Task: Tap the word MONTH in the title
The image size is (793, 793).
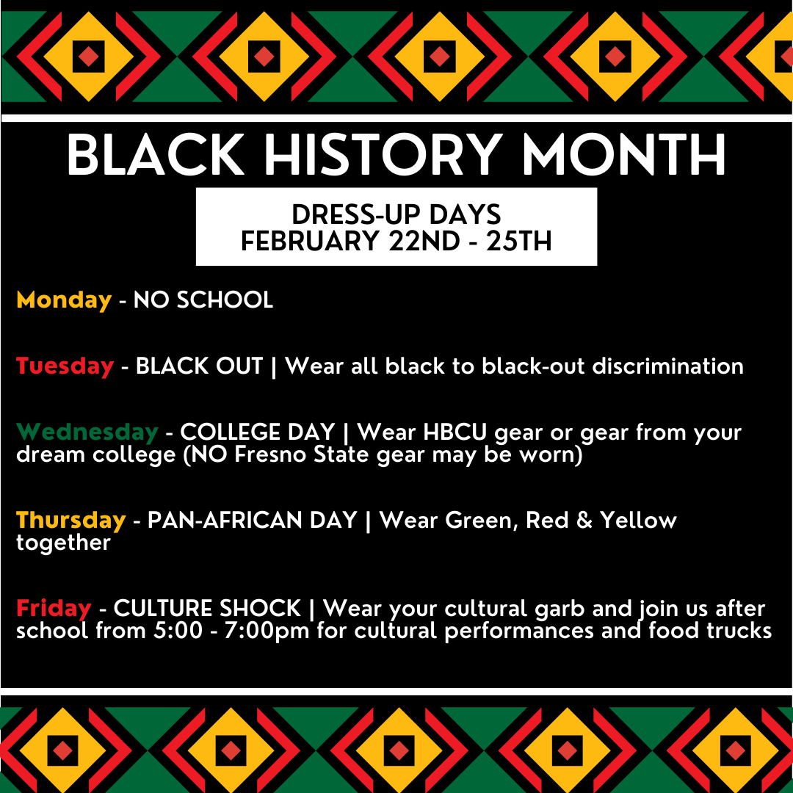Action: pyautogui.click(x=624, y=155)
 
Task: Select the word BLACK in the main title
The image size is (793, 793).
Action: pyautogui.click(x=155, y=155)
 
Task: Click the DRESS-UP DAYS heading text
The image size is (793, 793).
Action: pyautogui.click(x=396, y=214)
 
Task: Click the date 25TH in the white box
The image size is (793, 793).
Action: pyautogui.click(x=518, y=240)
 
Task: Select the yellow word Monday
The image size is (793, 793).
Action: pyautogui.click(x=64, y=300)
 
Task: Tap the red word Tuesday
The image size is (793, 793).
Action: pyautogui.click(x=65, y=366)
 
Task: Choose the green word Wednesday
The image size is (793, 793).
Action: pyautogui.click(x=87, y=432)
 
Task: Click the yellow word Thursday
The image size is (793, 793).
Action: pyautogui.click(x=70, y=520)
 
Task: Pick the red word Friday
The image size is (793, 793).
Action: pyautogui.click(x=54, y=608)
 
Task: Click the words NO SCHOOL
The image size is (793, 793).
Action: pyautogui.click(x=203, y=300)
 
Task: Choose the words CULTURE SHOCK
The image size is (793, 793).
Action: pyautogui.click(x=207, y=608)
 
